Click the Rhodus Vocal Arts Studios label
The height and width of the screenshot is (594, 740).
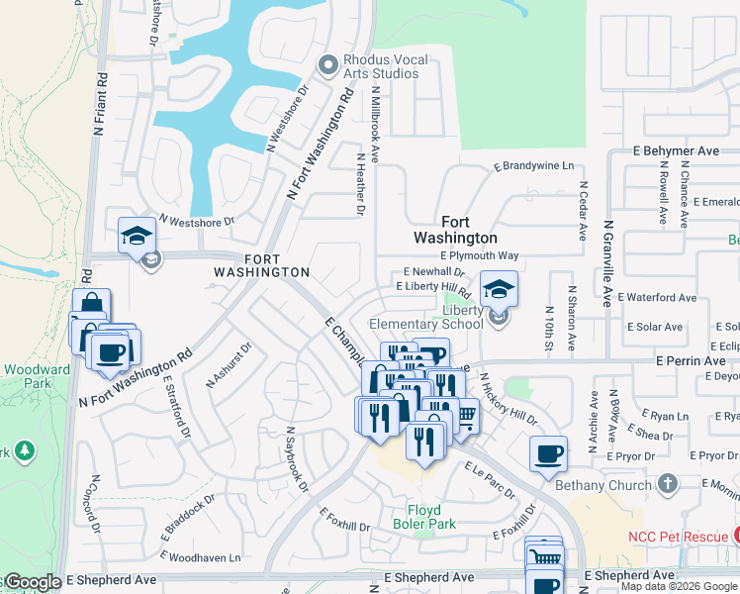(386, 66)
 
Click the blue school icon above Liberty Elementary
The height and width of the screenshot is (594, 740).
(499, 289)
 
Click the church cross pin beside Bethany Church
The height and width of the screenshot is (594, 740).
(668, 484)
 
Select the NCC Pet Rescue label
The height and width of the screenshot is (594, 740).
(676, 537)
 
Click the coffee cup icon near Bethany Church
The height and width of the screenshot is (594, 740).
(548, 454)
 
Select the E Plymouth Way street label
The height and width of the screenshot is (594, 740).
(479, 255)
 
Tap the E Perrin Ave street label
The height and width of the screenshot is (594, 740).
(690, 361)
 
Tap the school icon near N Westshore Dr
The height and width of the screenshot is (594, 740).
(137, 236)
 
